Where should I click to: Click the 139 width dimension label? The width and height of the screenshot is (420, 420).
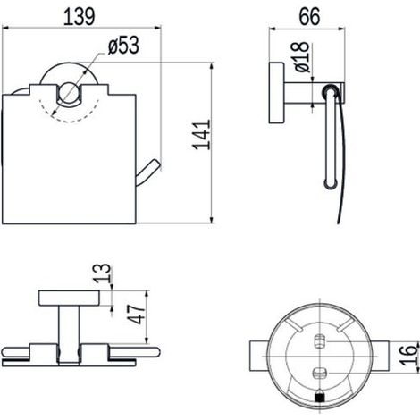80,16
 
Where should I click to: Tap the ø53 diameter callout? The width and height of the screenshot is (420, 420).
123,46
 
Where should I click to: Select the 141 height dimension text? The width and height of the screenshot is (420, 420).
202,135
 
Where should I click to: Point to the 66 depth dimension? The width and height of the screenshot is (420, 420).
310,16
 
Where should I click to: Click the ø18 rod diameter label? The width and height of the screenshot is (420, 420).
301,57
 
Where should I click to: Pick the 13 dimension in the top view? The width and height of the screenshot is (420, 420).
102,273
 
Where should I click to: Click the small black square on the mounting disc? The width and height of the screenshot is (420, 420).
319,397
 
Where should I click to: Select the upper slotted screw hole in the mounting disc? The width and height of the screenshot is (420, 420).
320,341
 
